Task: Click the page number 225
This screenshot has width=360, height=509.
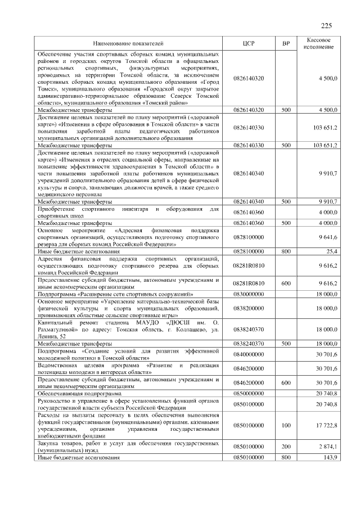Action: click(326, 25)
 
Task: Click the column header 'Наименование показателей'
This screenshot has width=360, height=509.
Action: click(128, 43)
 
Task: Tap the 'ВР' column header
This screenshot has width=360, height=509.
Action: click(286, 43)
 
